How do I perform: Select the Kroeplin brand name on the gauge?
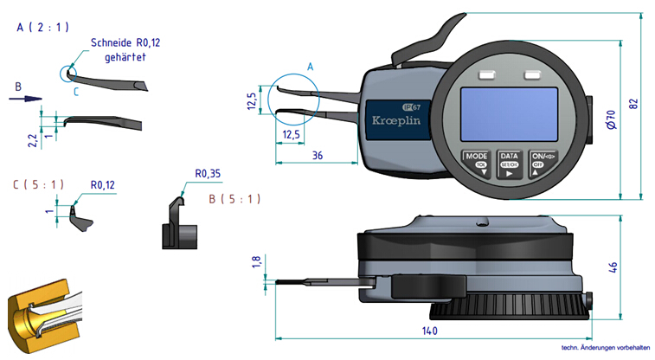pos(395,120)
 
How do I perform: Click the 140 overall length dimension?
pos(429,331)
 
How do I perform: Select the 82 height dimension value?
pos(633,103)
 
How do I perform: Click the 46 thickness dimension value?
pos(613,266)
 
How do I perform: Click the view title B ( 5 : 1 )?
pos(234,199)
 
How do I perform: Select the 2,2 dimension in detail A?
pos(33,138)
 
